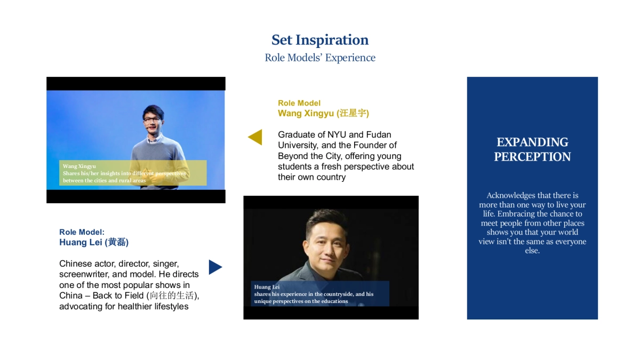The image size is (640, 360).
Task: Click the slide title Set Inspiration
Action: [x=320, y=40]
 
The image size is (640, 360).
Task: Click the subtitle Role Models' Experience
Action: [x=320, y=58]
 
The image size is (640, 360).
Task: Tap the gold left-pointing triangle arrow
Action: [x=255, y=137]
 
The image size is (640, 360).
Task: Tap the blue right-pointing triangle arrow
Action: [x=215, y=267]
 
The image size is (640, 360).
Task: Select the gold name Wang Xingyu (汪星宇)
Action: [x=323, y=113]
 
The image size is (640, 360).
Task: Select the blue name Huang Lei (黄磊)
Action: [x=94, y=242]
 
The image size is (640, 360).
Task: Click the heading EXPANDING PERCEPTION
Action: [x=532, y=149]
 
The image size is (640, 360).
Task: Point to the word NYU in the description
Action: [x=337, y=135]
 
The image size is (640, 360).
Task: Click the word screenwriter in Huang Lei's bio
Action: [x=83, y=274]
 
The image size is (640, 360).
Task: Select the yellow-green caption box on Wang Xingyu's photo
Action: [x=133, y=173]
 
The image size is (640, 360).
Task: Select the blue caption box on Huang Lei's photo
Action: [x=320, y=293]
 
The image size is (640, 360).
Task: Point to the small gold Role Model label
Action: [x=299, y=103]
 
